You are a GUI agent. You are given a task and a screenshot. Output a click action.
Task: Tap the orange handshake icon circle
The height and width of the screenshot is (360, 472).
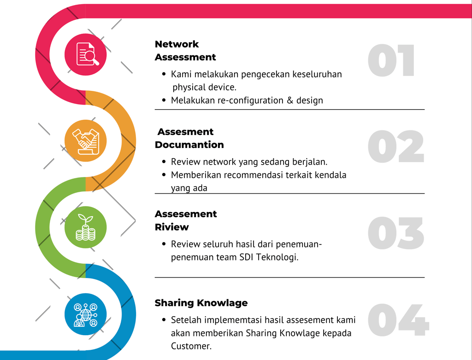click(86, 141)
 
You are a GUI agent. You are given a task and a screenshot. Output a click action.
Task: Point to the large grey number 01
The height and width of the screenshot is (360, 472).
click(391, 60)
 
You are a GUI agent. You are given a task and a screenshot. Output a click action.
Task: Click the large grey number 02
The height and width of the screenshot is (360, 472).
click(395, 147)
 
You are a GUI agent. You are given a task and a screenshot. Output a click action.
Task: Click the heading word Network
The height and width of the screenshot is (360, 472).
click(177, 44)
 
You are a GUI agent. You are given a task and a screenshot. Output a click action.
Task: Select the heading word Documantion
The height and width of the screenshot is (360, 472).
click(189, 145)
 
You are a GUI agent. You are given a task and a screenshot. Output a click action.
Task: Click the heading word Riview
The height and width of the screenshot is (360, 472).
click(171, 227)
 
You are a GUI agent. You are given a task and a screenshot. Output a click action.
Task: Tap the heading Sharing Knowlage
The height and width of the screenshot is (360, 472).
click(201, 303)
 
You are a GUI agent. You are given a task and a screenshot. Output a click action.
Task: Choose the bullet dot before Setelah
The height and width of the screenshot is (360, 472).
click(164, 320)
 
